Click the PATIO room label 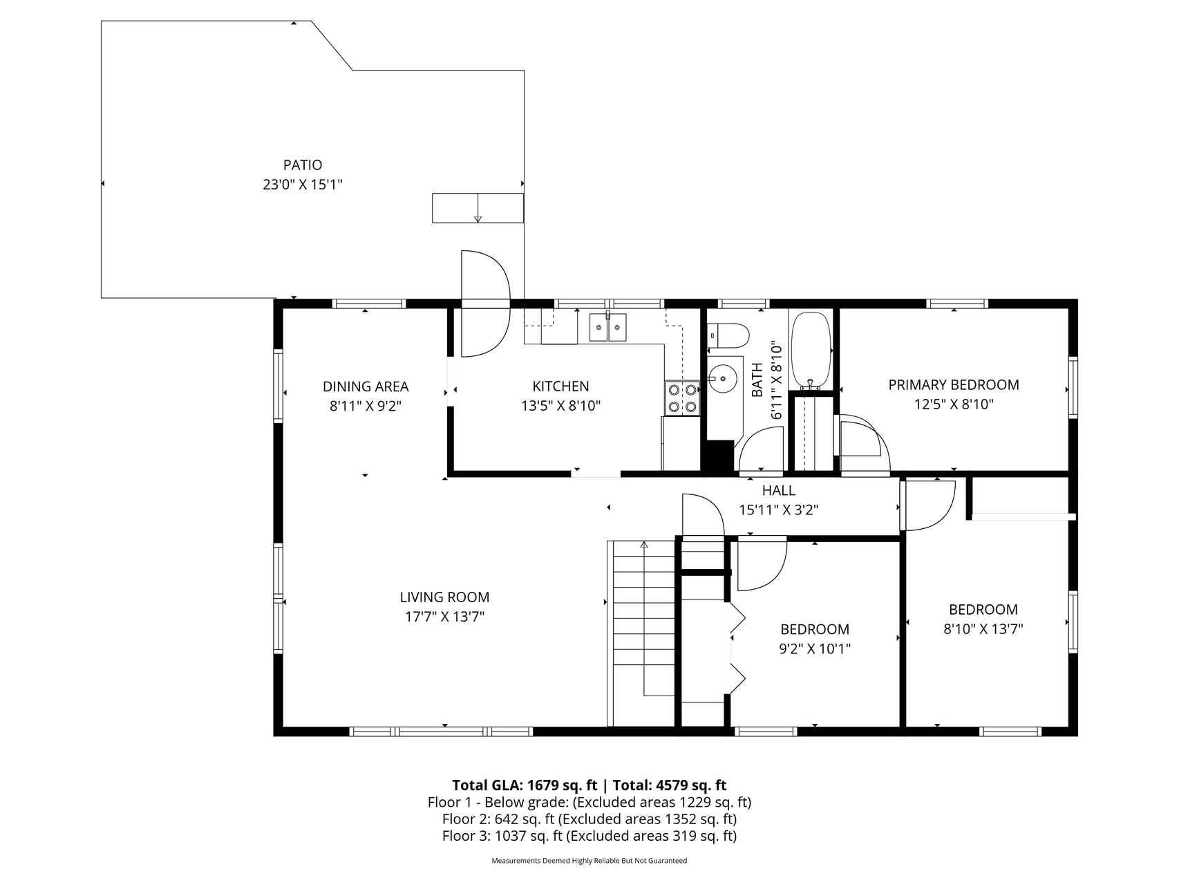302,165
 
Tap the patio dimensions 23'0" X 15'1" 302,185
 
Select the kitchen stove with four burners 681,398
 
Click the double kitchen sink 607,327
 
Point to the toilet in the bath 730,335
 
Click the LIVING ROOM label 444,597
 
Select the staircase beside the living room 643,633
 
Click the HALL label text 778,491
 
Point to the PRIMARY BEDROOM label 953,385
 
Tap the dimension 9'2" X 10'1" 814,649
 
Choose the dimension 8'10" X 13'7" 983,629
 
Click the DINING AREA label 366,386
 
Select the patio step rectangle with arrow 477,208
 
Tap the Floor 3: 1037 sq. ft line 589,836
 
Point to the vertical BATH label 757,380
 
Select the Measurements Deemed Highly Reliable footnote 589,861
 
